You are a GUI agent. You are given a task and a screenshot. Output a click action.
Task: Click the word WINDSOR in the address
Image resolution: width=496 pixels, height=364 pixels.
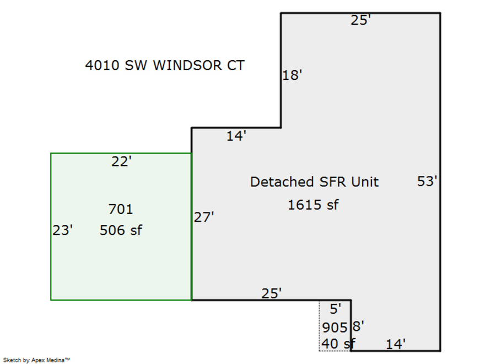coord(186,66)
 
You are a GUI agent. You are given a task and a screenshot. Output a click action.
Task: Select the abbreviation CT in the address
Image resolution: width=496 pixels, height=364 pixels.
coord(233,66)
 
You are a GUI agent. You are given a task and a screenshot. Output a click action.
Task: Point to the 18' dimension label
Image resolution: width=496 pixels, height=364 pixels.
coord(292,76)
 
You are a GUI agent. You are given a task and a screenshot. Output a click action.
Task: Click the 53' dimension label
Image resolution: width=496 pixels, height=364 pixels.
coord(427,181)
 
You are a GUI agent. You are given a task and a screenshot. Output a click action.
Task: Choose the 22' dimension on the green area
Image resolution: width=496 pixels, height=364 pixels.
coord(121,162)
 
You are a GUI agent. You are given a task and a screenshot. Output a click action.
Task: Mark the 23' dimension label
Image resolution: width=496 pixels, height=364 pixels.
coord(63,231)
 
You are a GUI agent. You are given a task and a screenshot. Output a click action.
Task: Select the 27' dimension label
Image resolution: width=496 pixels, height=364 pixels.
coord(203,218)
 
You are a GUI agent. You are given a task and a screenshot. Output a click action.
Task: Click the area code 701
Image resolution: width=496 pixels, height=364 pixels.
coord(121,210)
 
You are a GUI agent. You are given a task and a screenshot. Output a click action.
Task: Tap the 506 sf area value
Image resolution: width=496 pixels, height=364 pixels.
coord(121,231)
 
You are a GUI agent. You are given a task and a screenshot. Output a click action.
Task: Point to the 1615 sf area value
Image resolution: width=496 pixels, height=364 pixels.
coord(313,205)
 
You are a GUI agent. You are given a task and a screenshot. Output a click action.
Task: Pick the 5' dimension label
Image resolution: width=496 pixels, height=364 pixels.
coord(335,309)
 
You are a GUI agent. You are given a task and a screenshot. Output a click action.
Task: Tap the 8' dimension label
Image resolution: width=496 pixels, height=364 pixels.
coord(358,326)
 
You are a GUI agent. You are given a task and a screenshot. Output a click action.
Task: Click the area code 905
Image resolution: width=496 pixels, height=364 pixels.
coord(335,328)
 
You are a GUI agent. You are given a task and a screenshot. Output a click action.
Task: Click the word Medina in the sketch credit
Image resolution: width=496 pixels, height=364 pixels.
coord(56,360)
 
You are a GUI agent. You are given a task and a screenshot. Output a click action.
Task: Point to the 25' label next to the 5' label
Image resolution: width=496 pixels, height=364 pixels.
coord(271,293)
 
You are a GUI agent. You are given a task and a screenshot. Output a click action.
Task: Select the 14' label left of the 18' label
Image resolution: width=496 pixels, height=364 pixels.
coord(236,136)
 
